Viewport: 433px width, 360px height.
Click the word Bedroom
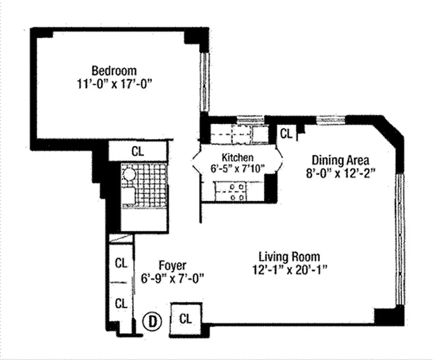(x=114, y=71)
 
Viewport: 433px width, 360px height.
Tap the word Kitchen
(x=238, y=157)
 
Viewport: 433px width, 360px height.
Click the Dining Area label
(x=341, y=160)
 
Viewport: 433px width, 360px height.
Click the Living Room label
(x=289, y=257)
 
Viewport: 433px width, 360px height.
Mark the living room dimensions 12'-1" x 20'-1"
(x=289, y=270)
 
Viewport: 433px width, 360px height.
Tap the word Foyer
(x=172, y=265)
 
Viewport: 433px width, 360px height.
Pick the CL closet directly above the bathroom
(x=138, y=151)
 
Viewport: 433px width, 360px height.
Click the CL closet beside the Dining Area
(x=286, y=134)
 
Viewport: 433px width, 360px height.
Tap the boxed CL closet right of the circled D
(x=185, y=319)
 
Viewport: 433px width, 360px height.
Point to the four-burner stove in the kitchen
(x=237, y=192)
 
